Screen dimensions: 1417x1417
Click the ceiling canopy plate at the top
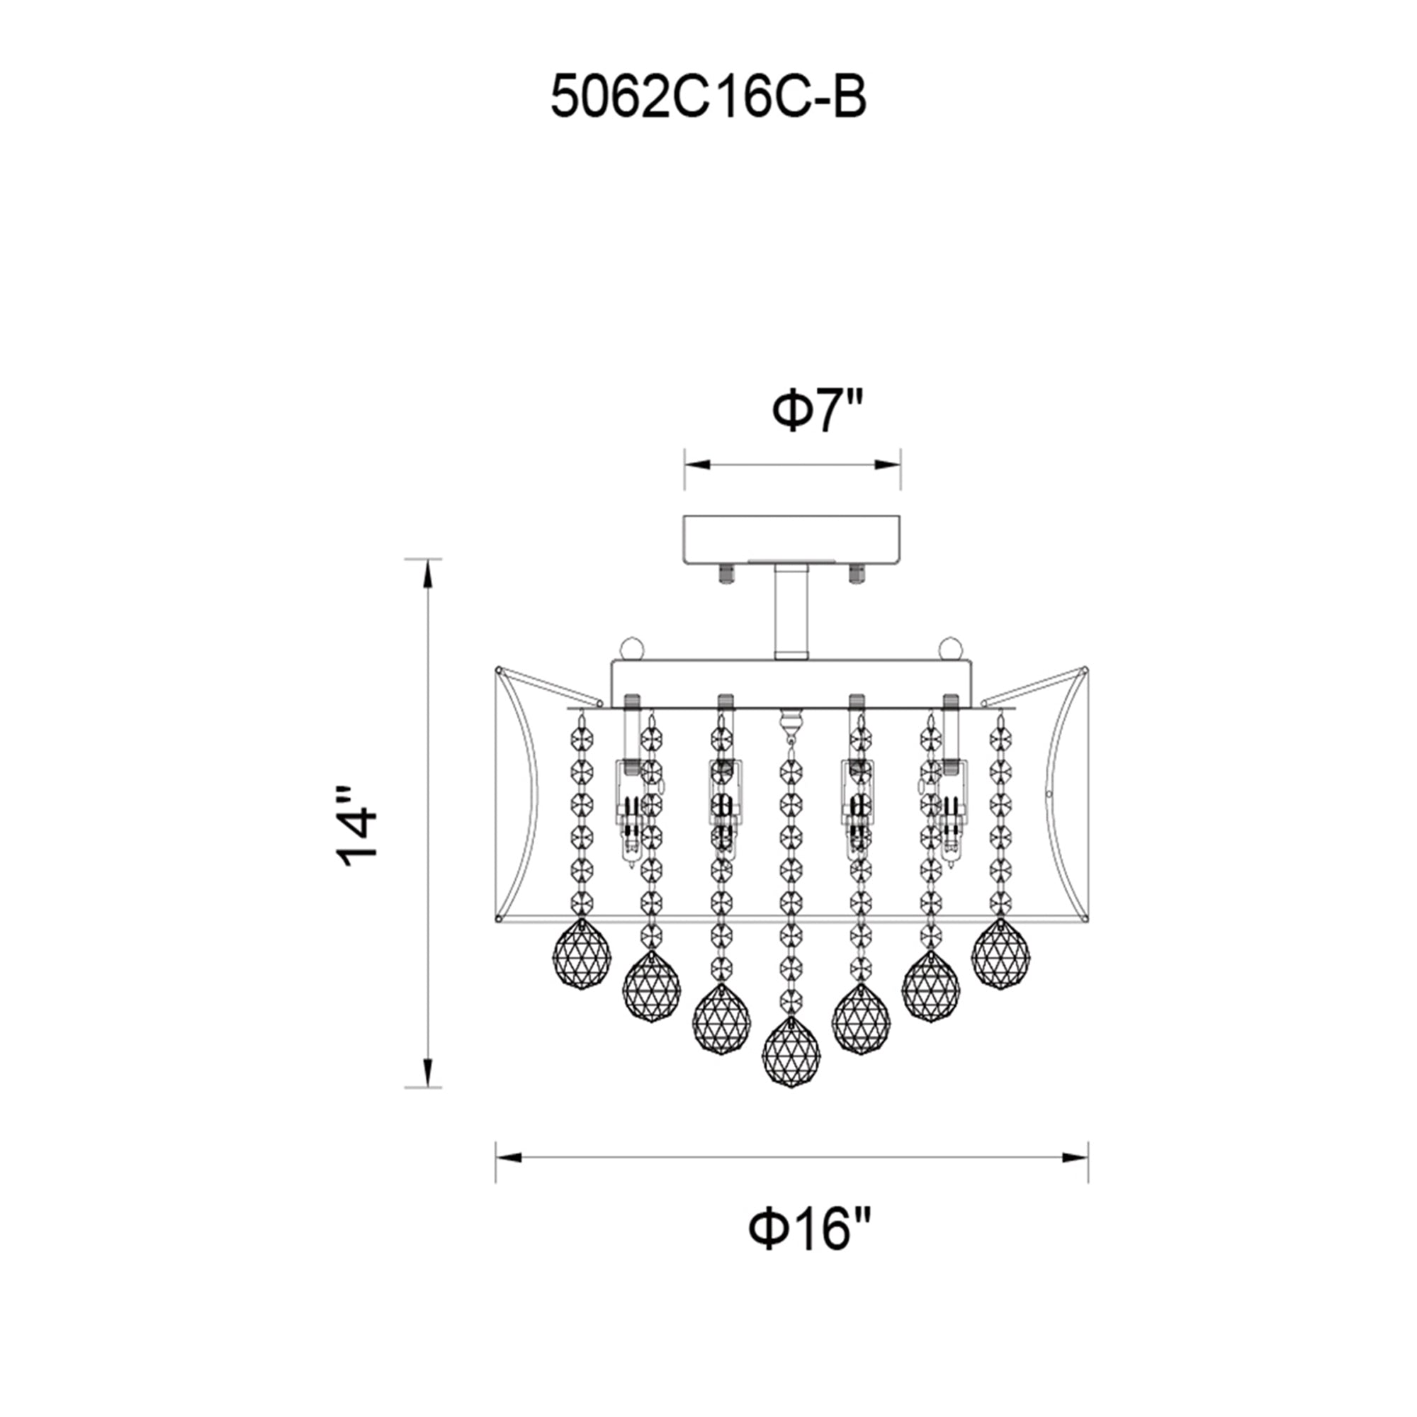pyautogui.click(x=791, y=540)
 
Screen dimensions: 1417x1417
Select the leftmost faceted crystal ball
pyautogui.click(x=581, y=954)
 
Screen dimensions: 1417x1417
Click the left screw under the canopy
pyautogui.click(x=727, y=572)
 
